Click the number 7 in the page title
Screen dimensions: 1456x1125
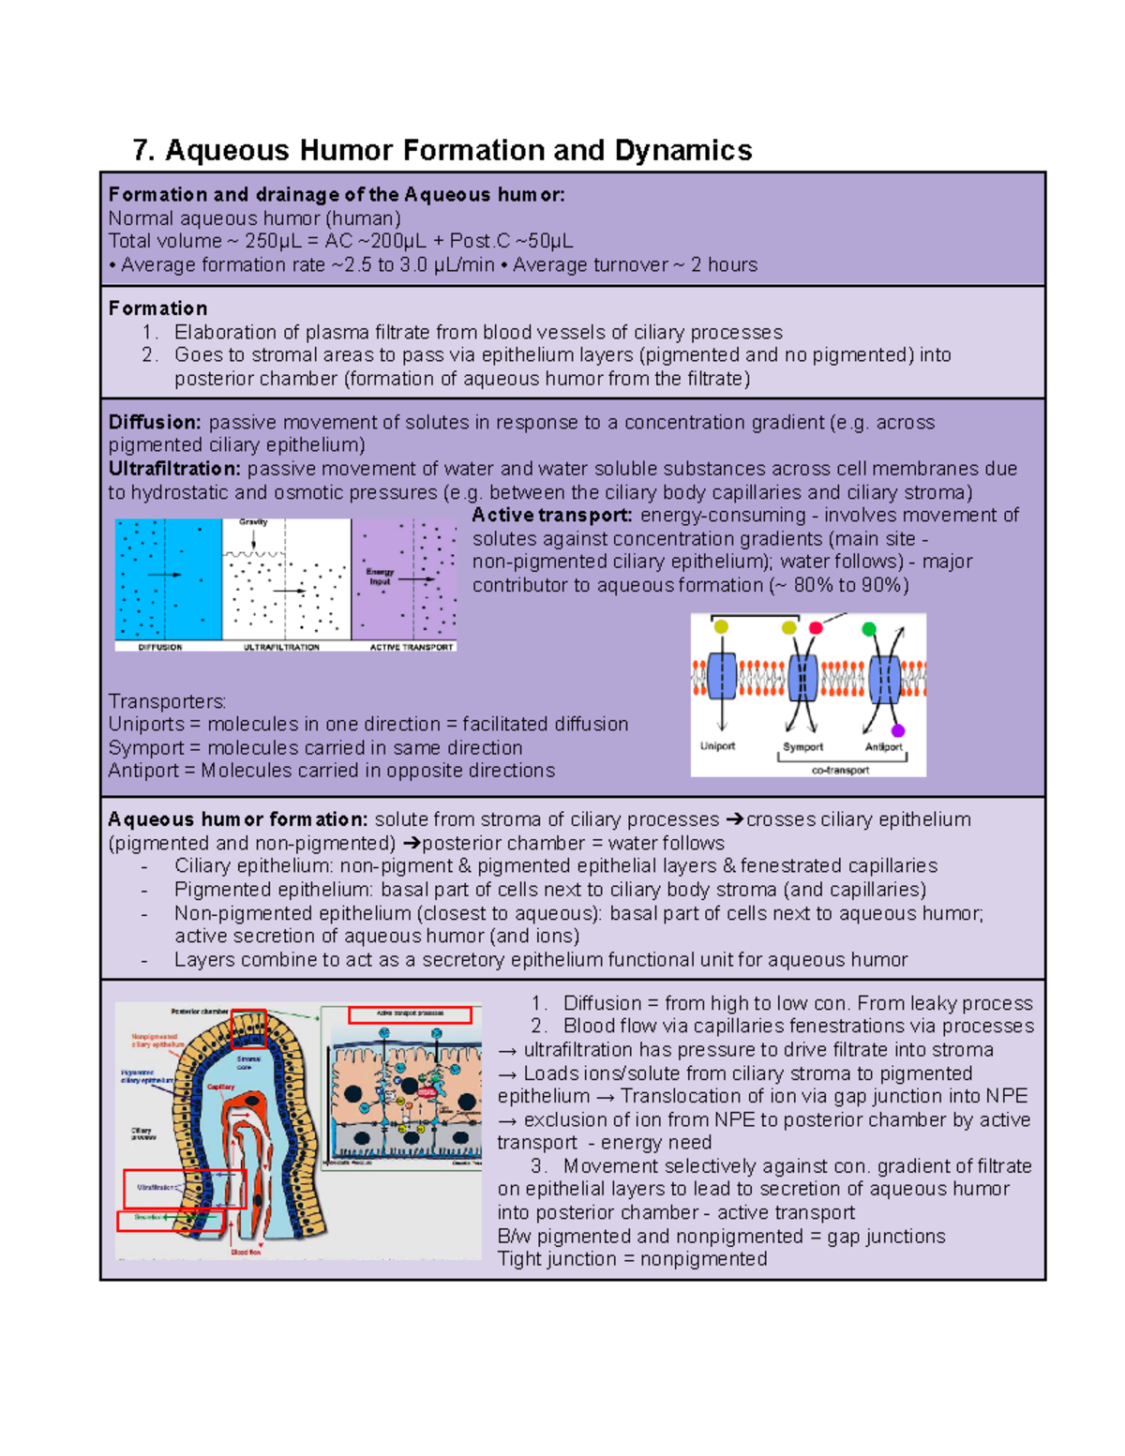[141, 151]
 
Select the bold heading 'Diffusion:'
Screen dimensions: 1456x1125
[154, 423]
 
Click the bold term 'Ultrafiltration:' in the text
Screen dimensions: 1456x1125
[174, 469]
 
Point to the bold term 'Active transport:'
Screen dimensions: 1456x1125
[552, 516]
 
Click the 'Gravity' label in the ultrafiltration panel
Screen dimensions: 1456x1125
[253, 522]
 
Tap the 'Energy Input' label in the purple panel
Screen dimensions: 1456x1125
[380, 576]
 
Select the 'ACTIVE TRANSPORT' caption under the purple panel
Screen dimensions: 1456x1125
[411, 647]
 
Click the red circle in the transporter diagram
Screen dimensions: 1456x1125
[816, 628]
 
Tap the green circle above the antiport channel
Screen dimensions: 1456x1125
[869, 629]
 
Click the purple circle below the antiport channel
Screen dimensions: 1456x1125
[897, 730]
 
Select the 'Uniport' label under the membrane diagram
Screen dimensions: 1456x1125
[717, 746]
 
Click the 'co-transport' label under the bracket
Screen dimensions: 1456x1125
[840, 770]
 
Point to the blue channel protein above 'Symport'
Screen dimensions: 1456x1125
[802, 678]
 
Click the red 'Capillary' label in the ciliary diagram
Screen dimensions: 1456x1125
[220, 1088]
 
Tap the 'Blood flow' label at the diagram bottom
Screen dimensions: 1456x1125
[246, 1252]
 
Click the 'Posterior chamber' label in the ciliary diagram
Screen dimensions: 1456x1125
[200, 1012]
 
